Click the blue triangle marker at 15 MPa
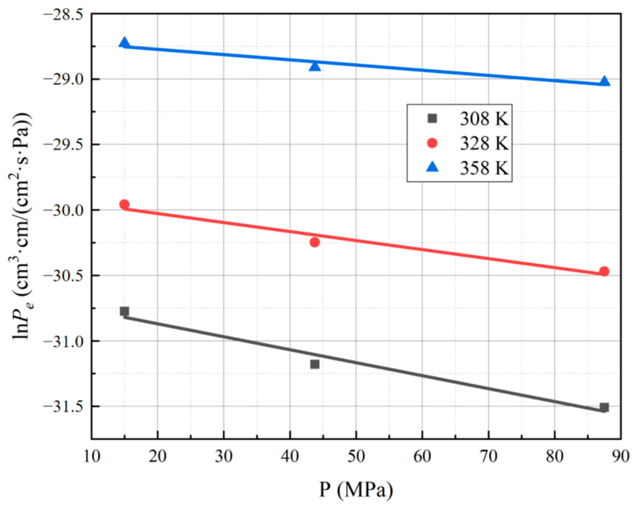pos(124,43)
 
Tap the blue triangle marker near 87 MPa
pos(604,81)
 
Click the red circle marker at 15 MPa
pos(124,204)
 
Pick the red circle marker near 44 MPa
pos(314,242)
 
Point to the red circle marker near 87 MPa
pos(604,271)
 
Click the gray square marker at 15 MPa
pos(124,311)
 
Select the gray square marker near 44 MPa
pos(314,364)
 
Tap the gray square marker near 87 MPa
pos(604,407)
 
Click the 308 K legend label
pos(484,119)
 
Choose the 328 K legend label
pos(484,143)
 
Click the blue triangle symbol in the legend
pos(432,167)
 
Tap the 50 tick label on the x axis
pos(356,456)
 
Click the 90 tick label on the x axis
pos(620,456)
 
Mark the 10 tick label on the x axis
pos(92,456)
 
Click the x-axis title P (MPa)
pos(356,490)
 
